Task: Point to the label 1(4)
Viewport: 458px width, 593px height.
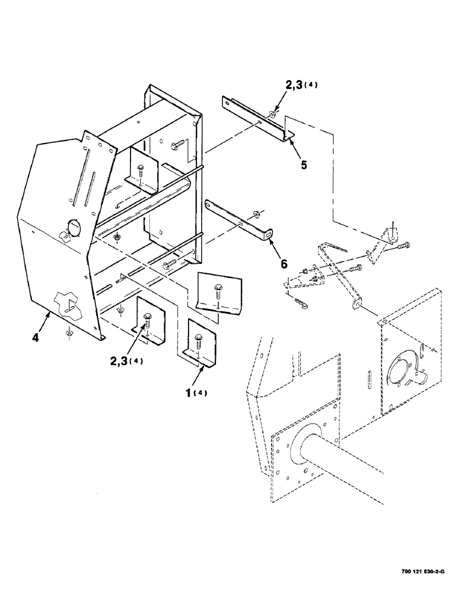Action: coord(196,393)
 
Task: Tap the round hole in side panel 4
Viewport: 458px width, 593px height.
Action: coord(74,227)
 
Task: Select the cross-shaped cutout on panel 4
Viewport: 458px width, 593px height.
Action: coord(69,302)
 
